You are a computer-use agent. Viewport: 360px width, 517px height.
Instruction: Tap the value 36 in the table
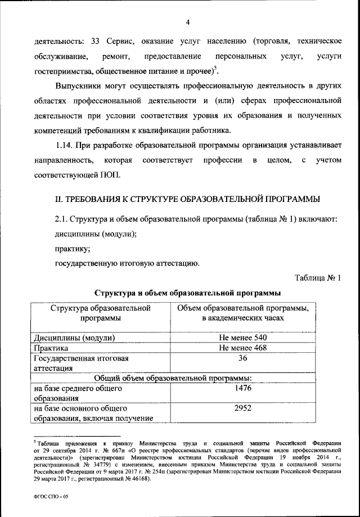[x=244, y=358]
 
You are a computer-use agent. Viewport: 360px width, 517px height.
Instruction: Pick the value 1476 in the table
[x=244, y=388]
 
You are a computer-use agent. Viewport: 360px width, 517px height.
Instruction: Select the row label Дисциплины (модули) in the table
[x=75, y=338]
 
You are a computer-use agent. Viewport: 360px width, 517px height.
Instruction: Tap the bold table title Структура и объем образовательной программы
[x=188, y=293]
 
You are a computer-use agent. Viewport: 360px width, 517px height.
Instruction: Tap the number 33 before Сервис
[x=96, y=42]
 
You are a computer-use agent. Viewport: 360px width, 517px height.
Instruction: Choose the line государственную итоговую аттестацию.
[x=125, y=263]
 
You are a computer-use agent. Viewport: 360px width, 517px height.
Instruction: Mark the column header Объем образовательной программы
[x=244, y=313]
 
